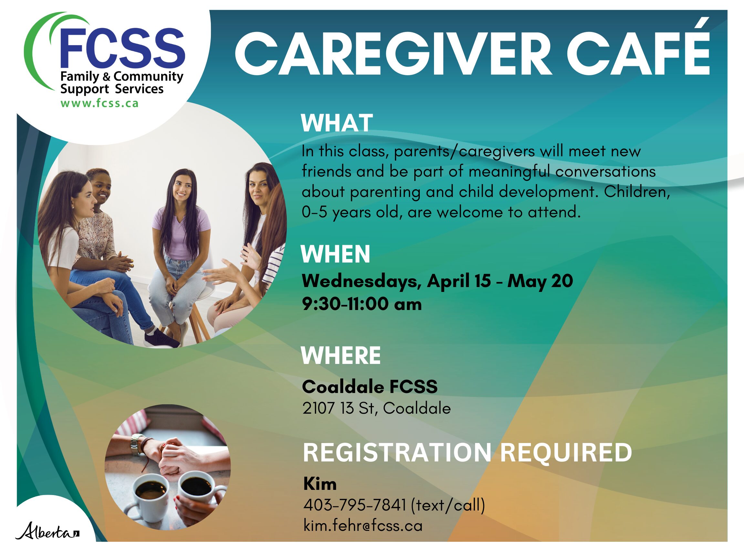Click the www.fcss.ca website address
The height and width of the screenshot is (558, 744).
[99, 103]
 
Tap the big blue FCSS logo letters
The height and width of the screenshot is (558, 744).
[122, 48]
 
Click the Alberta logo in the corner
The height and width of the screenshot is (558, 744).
[47, 531]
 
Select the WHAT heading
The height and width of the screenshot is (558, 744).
[337, 123]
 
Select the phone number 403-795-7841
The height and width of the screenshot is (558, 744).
[355, 505]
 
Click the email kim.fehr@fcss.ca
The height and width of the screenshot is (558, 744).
[363, 526]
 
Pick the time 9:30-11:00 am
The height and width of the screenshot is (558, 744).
[362, 304]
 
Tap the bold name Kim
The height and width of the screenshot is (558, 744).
[320, 484]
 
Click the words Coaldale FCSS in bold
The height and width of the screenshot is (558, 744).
[370, 387]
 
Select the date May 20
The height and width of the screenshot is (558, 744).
[540, 281]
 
